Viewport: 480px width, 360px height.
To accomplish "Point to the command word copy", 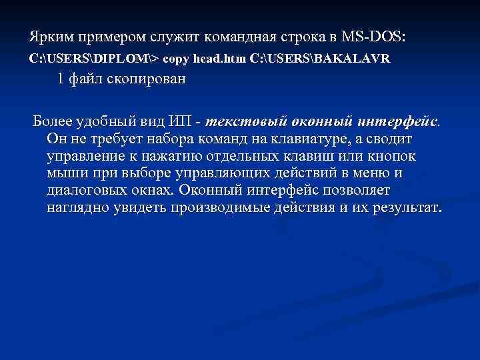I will click(x=175, y=59).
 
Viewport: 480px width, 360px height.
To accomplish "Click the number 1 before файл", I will click(x=61, y=79).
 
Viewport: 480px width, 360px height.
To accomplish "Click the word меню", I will click(x=377, y=173).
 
